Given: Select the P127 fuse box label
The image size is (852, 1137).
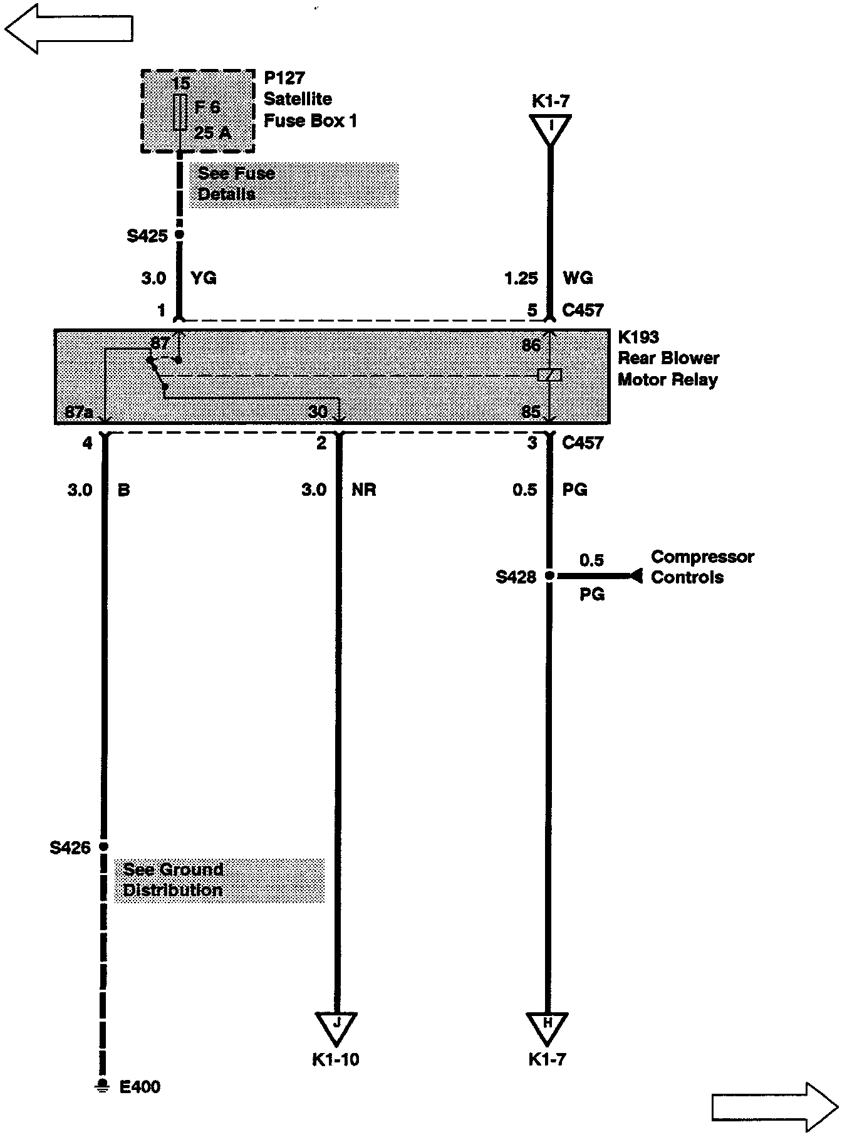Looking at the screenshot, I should pyautogui.click(x=284, y=78).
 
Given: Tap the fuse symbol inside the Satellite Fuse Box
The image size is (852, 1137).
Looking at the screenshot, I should pyautogui.click(x=180, y=112).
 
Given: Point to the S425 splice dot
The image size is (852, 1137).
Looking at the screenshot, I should pyautogui.click(x=179, y=234).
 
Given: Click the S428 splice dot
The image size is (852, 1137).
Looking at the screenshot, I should pyautogui.click(x=549, y=575).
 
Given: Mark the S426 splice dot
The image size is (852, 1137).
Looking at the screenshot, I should pyautogui.click(x=104, y=846).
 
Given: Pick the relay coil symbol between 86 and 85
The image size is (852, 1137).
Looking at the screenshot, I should pyautogui.click(x=549, y=375).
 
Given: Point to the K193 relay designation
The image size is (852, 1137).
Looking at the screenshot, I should pyautogui.click(x=638, y=337).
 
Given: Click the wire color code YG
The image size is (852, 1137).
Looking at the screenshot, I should pyautogui.click(x=204, y=278).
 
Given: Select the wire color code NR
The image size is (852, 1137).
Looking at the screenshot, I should pyautogui.click(x=364, y=490).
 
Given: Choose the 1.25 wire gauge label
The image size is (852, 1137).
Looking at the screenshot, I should pyautogui.click(x=521, y=278).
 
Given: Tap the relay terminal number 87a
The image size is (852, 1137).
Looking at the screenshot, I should pyautogui.click(x=79, y=412).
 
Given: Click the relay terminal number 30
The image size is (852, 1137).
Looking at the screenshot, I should pyautogui.click(x=318, y=412).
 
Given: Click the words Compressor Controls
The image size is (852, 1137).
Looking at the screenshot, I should pyautogui.click(x=702, y=567).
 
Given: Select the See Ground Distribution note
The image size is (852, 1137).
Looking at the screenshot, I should pyautogui.click(x=174, y=879).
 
